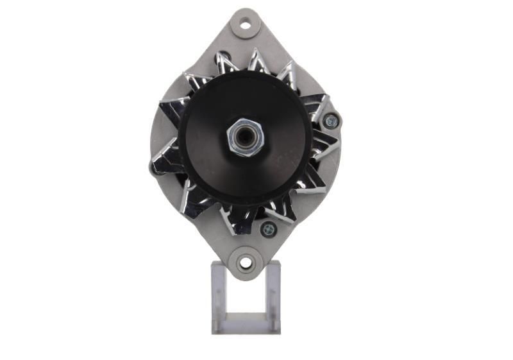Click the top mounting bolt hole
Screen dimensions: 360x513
point(245,25)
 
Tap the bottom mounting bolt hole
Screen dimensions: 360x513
point(245,262)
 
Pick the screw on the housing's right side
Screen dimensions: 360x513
point(331,120)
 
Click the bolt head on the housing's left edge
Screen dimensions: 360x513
point(154,169)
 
